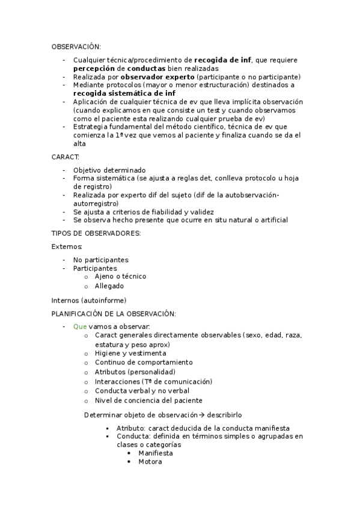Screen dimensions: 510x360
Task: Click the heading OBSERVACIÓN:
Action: pyautogui.click(x=76, y=46)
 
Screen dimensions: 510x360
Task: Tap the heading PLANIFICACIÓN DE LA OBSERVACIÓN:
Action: pyautogui.click(x=114, y=313)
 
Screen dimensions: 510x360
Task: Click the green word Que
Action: pyautogui.click(x=80, y=326)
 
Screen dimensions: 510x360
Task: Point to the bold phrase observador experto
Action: pyautogui.click(x=157, y=77)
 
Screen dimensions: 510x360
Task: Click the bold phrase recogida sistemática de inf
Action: pyautogui.click(x=124, y=93)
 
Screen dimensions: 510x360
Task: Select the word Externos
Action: pyautogui.click(x=67, y=247)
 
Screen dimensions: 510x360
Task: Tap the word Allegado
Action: pyautogui.click(x=109, y=286)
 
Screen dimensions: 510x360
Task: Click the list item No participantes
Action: pyautogui.click(x=101, y=260)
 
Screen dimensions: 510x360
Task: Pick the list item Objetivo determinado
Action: pyautogui.click(x=109, y=170)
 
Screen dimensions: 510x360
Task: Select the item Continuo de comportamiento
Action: pyautogui.click(x=144, y=363)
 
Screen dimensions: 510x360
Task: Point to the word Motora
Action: pyautogui.click(x=150, y=462)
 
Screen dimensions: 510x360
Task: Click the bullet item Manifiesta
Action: pyautogui.click(x=156, y=453)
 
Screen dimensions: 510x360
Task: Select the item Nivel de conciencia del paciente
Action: pyautogui.click(x=148, y=401)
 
